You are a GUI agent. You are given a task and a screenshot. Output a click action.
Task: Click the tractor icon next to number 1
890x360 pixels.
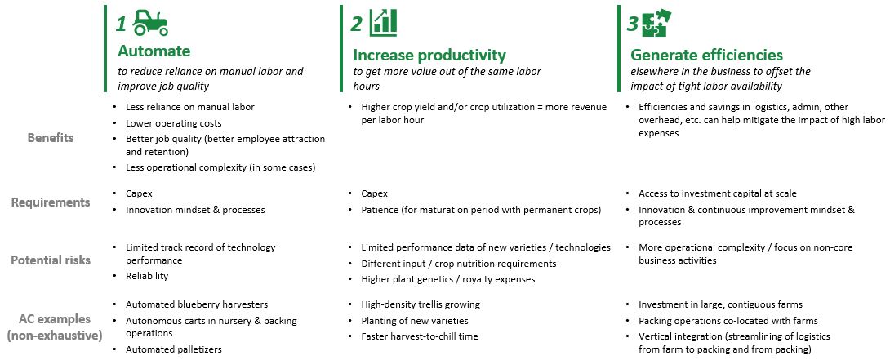click(151, 23)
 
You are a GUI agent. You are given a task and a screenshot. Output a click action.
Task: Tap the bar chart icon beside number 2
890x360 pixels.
click(383, 23)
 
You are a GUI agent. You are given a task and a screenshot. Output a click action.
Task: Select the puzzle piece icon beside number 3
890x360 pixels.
click(655, 23)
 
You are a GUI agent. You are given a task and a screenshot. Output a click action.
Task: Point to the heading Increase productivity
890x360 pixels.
click(429, 56)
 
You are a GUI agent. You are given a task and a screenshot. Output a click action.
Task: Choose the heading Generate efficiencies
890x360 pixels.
click(706, 56)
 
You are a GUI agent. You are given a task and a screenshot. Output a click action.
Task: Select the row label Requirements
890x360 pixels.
click(51, 202)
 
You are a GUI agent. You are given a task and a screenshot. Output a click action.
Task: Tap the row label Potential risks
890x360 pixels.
click(51, 261)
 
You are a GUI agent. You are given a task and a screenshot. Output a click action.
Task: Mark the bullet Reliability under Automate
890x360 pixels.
click(147, 276)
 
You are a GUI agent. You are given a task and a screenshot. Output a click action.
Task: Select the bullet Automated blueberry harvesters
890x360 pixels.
click(197, 304)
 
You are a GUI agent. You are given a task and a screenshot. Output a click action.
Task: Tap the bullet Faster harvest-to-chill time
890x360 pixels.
click(420, 336)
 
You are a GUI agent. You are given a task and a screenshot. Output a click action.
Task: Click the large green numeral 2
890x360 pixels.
click(356, 24)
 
